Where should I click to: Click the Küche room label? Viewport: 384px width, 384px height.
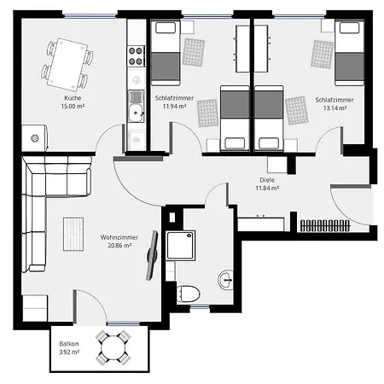[73, 98]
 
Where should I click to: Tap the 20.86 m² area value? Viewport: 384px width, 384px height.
[119, 246]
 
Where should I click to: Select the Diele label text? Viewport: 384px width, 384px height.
[267, 180]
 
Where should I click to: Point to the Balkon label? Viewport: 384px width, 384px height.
[69, 344]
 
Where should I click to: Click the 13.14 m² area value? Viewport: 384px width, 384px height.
[335, 108]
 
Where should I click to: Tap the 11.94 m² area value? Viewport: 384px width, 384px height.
[174, 106]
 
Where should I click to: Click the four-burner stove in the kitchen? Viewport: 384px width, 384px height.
[136, 56]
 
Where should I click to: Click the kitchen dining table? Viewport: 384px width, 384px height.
[68, 65]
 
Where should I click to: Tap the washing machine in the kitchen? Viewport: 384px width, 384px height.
[35, 138]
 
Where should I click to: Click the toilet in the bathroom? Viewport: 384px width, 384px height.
[188, 294]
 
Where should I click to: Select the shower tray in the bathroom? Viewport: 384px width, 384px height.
[181, 246]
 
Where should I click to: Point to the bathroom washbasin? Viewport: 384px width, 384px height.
[226, 280]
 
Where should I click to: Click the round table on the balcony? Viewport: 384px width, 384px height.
[113, 347]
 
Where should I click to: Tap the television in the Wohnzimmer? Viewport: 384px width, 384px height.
[152, 255]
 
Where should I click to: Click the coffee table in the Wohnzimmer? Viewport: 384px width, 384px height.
[73, 234]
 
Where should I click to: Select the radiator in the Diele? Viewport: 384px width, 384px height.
[325, 225]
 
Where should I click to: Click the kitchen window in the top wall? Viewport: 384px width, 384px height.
[90, 16]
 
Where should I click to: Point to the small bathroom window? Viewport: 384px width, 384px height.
[200, 306]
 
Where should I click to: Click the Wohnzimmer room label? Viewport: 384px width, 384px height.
[119, 237]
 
